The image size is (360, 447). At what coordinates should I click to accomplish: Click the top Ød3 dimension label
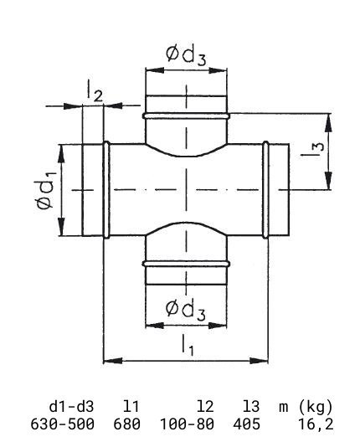[x=186, y=56]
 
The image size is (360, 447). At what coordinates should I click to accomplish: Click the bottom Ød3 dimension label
[x=186, y=311]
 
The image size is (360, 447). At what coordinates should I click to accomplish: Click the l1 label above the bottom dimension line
[x=188, y=346]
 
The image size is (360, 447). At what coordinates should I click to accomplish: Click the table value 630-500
[x=63, y=424]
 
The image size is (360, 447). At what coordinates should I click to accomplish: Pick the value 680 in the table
[x=127, y=424]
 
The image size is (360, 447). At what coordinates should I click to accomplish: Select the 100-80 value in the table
[x=187, y=424]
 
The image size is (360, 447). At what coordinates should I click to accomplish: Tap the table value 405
[x=246, y=424]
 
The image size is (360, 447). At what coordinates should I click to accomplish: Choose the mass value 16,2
[x=316, y=424]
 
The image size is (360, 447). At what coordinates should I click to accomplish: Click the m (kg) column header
[x=306, y=407]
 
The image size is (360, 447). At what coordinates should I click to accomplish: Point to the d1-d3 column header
[x=71, y=407]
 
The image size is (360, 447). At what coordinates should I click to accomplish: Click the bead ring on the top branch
[x=186, y=116]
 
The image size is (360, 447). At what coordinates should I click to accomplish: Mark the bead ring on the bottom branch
[x=186, y=264]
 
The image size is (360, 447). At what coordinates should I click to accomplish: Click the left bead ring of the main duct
[x=106, y=190]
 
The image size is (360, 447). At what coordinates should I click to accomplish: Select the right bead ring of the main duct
[x=265, y=190]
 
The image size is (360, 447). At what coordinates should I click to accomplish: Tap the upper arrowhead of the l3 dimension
[x=329, y=123]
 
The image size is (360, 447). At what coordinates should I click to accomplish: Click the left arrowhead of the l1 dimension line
[x=113, y=361]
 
